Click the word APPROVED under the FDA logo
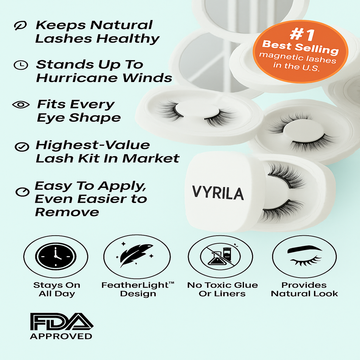click(x=61, y=336)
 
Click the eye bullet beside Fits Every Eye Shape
click(x=21, y=105)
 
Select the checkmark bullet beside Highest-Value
click(x=21, y=146)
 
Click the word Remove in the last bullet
click(x=67, y=212)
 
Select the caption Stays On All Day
click(x=57, y=289)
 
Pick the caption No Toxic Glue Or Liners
click(x=222, y=289)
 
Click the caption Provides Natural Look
click(x=304, y=289)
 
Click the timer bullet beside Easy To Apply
click(x=22, y=192)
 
